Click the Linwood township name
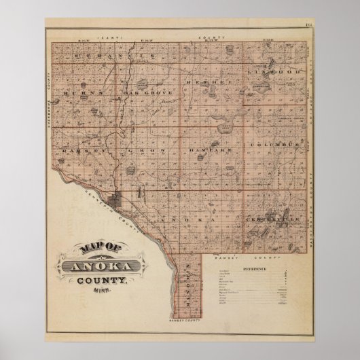point(270,71)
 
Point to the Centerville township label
point(272,221)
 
